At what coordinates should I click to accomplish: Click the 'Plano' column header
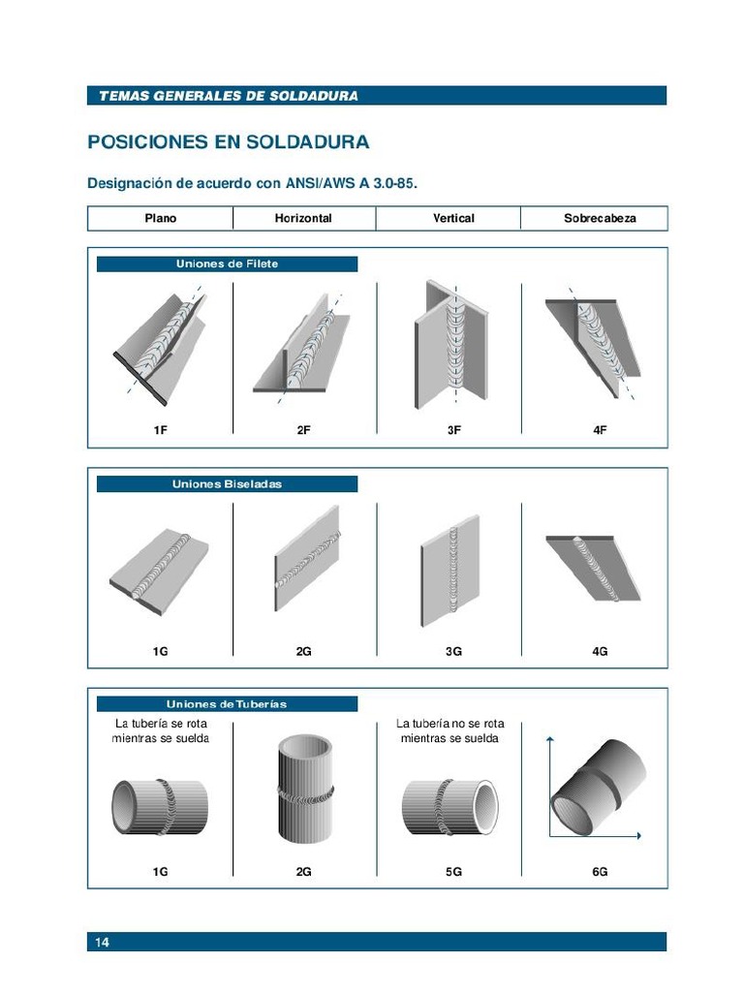click(161, 218)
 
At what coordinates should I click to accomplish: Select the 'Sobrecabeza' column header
click(600, 218)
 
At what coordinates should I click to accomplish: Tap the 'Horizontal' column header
click(303, 218)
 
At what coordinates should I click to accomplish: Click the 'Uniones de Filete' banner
click(227, 263)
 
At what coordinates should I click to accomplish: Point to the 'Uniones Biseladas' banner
click(227, 483)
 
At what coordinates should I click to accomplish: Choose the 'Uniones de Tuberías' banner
click(227, 704)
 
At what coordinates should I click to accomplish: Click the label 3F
click(453, 430)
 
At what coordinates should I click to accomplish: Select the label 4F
click(600, 430)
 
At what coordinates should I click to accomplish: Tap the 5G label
click(453, 872)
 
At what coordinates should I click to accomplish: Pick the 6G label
click(600, 872)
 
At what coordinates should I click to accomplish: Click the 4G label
click(600, 652)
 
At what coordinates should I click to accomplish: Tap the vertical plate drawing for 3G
click(450, 572)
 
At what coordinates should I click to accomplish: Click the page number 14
click(102, 943)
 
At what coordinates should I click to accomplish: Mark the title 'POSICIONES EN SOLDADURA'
click(228, 142)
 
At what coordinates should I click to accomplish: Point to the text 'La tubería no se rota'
click(450, 723)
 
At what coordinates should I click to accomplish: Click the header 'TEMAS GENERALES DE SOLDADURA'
click(228, 96)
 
